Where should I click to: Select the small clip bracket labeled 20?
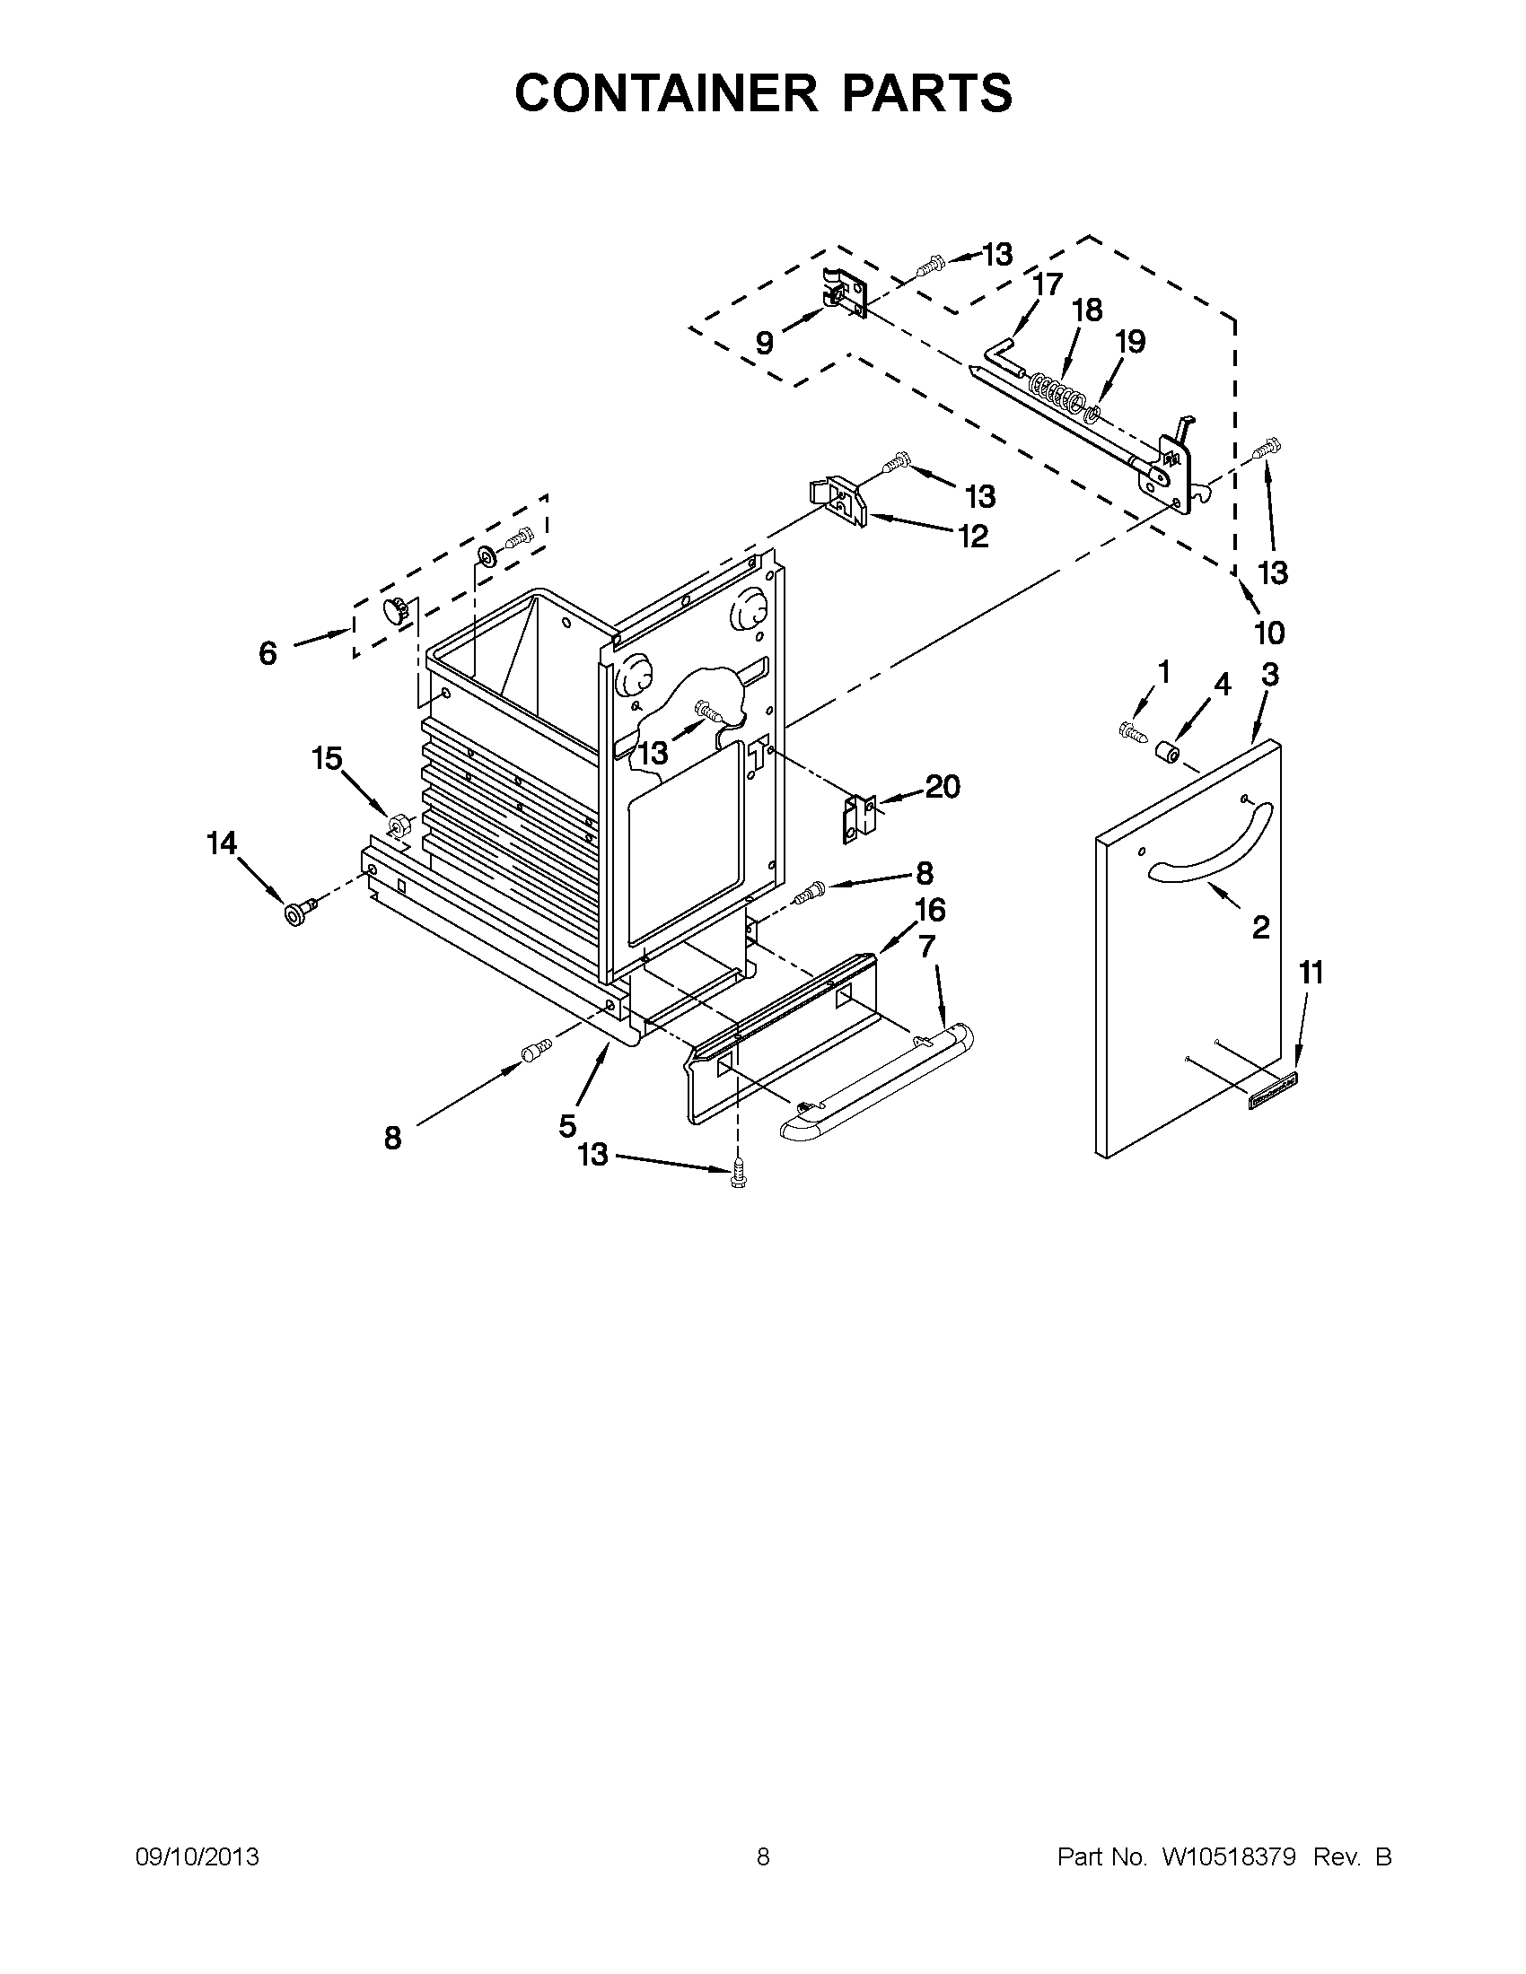pyautogui.click(x=860, y=817)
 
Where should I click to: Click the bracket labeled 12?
pyautogui.click(x=838, y=504)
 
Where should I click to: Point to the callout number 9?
pyautogui.click(x=764, y=344)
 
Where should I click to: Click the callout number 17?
pyautogui.click(x=1048, y=284)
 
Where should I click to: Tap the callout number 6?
pyautogui.click(x=267, y=652)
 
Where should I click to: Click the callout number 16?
pyautogui.click(x=930, y=910)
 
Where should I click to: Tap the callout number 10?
pyautogui.click(x=1269, y=633)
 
